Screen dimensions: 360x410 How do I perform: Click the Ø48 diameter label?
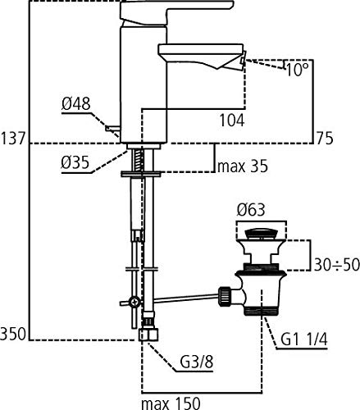coord(75,104)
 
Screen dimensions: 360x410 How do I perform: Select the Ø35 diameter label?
coord(75,162)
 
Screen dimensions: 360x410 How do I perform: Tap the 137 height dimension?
coord(13,138)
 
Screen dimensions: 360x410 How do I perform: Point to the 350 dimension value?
coord(13,334)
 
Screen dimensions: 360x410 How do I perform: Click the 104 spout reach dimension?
coord(232,121)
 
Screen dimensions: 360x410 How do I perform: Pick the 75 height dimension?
coord(325,138)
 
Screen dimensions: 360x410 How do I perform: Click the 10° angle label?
coord(297,70)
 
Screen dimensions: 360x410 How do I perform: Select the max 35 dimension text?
coord(243,166)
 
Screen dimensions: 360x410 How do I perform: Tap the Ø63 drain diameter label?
coord(251,210)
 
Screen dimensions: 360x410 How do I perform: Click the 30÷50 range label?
coord(336,265)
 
